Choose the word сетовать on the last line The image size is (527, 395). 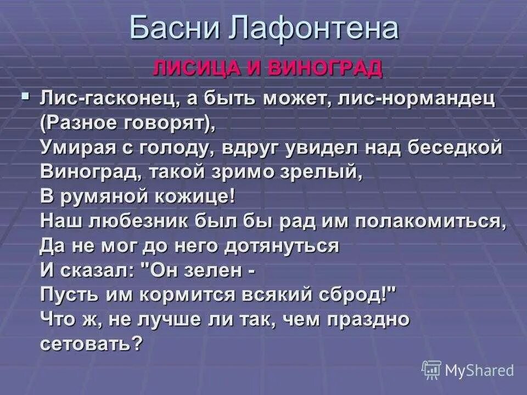(x=91, y=343)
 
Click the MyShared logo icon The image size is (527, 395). (x=431, y=370)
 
